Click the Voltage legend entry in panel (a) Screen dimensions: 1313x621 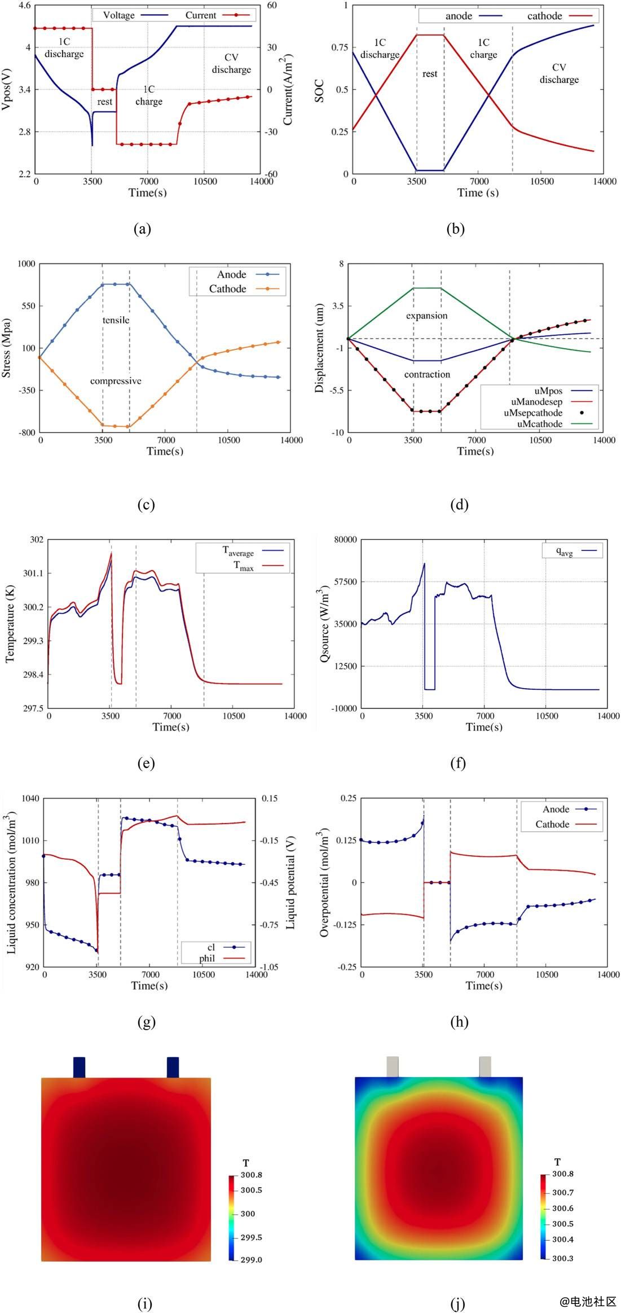point(118,15)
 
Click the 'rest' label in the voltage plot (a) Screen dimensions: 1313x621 point(104,102)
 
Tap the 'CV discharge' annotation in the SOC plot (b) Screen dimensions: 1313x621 point(559,73)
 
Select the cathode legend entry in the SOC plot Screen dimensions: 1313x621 point(544,16)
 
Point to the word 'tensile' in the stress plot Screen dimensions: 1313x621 point(116,320)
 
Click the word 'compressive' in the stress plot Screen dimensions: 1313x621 point(116,381)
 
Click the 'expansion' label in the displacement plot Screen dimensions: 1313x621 point(426,316)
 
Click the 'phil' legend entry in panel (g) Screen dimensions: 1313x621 point(206,959)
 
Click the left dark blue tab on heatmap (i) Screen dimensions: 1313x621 point(79,1067)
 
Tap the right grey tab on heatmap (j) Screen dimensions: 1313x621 point(485,1066)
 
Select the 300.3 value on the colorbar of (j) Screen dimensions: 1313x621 point(562,1258)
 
